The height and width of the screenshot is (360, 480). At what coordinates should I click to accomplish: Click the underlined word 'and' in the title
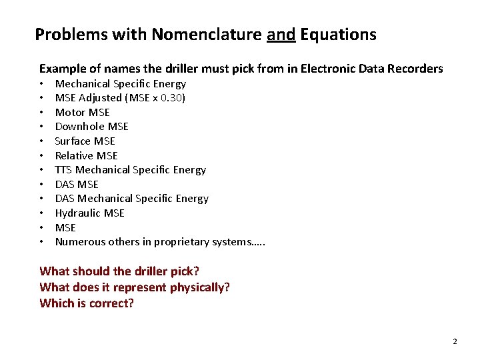(x=281, y=35)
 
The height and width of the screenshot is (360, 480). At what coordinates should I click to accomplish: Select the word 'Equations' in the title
(x=338, y=35)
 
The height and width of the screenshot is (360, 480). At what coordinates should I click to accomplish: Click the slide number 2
(x=455, y=341)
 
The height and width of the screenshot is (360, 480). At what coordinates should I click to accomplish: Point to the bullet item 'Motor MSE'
(x=82, y=112)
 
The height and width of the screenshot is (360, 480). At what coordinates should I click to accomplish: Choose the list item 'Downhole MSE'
(x=91, y=127)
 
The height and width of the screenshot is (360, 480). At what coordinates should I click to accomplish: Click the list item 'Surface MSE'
(x=85, y=141)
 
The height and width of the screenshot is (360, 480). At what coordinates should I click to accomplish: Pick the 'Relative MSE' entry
(x=86, y=155)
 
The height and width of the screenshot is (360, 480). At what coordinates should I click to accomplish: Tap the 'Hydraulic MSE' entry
(x=89, y=213)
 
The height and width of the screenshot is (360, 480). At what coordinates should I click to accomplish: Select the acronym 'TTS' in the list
(x=63, y=170)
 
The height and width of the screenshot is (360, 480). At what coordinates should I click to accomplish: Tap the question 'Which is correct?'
(x=87, y=303)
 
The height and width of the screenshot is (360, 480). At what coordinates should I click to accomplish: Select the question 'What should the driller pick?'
(x=119, y=271)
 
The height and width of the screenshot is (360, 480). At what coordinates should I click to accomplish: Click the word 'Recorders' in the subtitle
(x=417, y=69)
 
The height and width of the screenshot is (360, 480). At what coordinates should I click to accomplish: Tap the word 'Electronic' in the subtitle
(x=327, y=69)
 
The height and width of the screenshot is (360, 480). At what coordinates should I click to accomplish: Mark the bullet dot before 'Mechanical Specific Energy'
(x=41, y=84)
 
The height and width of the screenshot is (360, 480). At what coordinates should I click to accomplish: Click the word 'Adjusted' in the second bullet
(x=102, y=98)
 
